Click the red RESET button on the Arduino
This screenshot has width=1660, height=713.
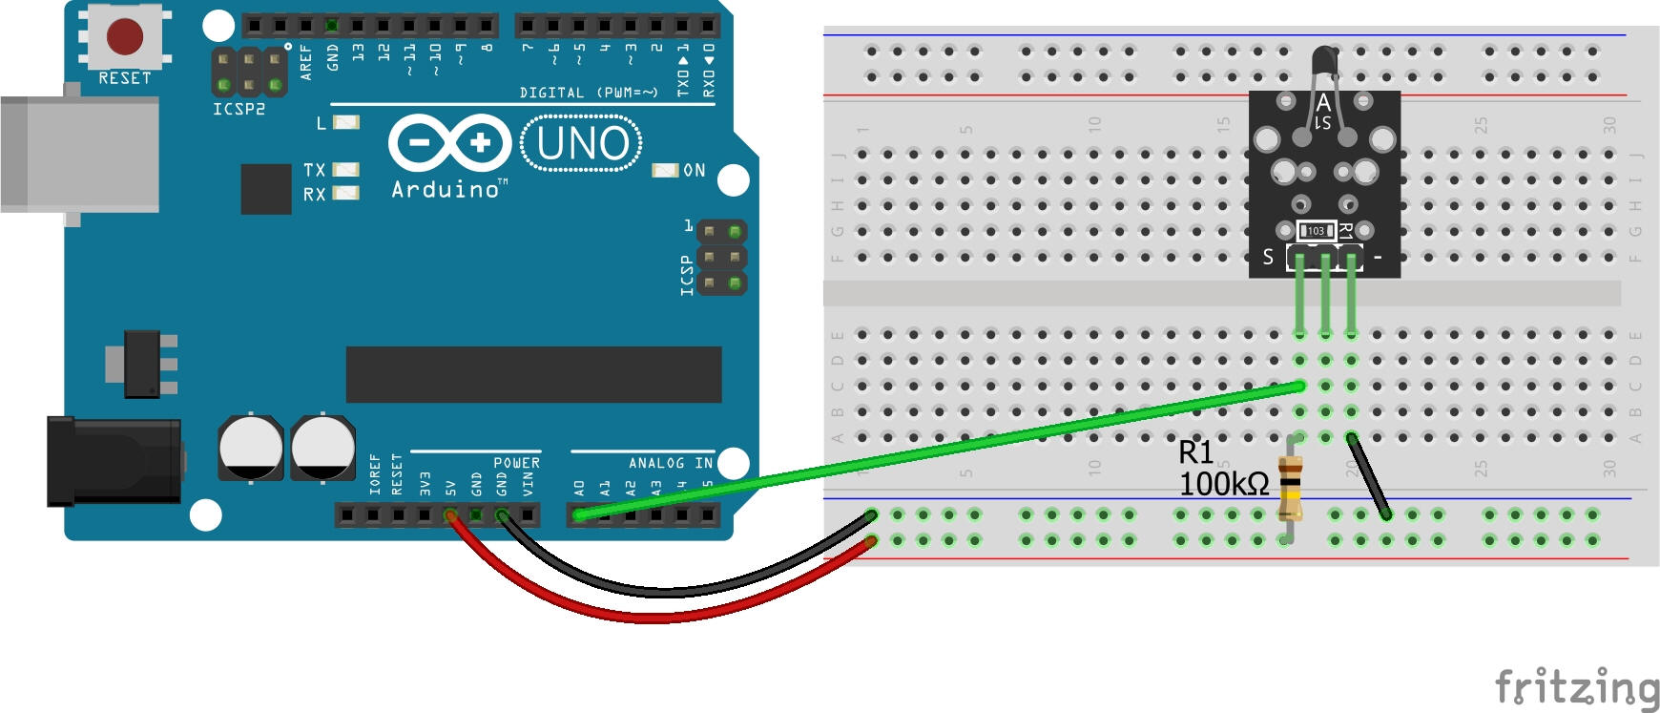(124, 37)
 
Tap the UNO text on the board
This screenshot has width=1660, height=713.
(582, 144)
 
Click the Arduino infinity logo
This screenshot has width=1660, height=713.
(449, 143)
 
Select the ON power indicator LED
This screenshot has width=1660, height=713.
(665, 170)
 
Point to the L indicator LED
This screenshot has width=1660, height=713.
(346, 123)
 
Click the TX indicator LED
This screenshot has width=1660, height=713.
(345, 170)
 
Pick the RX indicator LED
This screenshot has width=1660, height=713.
(345, 194)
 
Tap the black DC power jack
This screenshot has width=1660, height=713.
(114, 460)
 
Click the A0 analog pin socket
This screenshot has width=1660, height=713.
(579, 515)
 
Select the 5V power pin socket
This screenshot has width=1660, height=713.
(450, 515)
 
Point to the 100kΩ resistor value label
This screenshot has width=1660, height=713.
(1223, 484)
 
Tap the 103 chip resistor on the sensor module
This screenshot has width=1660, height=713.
(1316, 231)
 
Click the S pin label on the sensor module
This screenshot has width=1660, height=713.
(1268, 257)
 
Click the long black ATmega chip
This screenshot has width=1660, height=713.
(533, 374)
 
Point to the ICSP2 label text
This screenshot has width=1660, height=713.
(239, 109)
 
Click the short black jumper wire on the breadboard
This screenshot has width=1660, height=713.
(1369, 475)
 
